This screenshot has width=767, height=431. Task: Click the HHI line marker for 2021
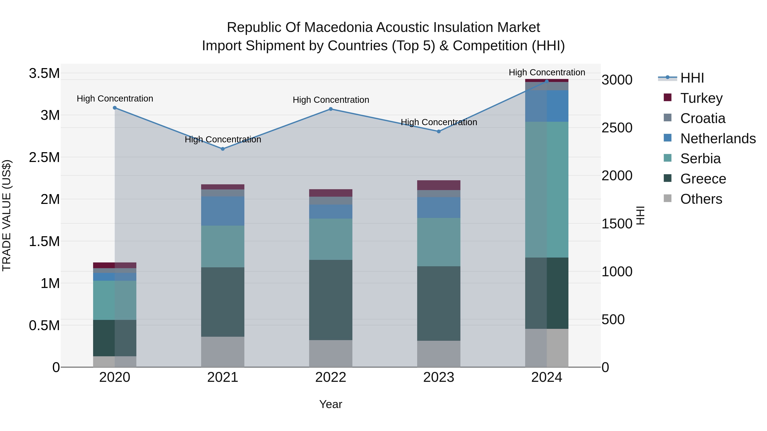click(223, 149)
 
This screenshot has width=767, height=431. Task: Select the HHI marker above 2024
click(547, 81)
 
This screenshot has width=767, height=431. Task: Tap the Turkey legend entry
click(701, 98)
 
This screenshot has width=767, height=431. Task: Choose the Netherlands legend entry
click(718, 139)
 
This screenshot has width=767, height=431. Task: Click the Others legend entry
click(701, 199)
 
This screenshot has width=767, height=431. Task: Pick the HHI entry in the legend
click(692, 78)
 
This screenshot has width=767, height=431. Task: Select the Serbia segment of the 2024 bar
click(547, 189)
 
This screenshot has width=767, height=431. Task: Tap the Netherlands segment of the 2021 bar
click(223, 211)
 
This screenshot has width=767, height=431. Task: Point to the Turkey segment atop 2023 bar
click(439, 185)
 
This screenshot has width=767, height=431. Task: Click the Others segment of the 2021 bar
click(223, 352)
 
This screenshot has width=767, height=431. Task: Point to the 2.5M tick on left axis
click(44, 157)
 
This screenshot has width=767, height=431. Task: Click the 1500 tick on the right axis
click(617, 224)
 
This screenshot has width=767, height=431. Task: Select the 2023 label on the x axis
click(439, 377)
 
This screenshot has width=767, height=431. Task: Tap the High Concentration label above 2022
click(331, 100)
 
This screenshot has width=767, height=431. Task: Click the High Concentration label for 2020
click(115, 99)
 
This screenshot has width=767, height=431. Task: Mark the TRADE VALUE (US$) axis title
click(7, 215)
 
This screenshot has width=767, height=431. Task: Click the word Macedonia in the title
click(339, 27)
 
